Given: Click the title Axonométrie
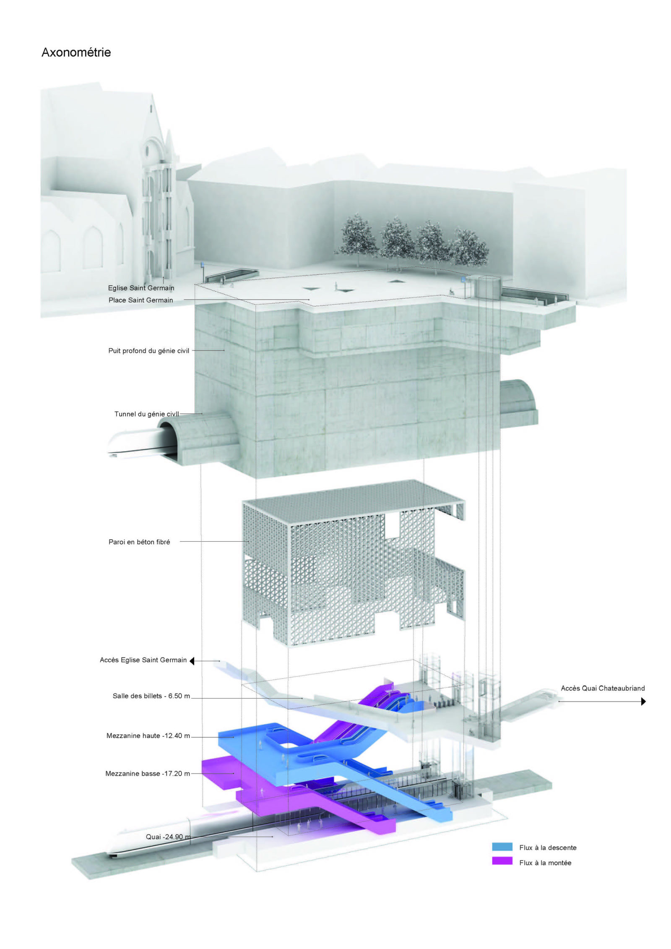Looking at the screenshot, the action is tap(76, 52).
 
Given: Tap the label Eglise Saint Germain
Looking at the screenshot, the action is tap(141, 288).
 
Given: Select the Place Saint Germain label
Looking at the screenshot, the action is tap(140, 300).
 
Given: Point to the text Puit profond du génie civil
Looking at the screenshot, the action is tap(149, 351).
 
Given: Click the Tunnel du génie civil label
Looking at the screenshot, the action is tap(147, 414).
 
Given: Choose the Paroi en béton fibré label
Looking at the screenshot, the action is tap(139, 542).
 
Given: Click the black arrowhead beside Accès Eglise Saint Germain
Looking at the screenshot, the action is tap(192, 661).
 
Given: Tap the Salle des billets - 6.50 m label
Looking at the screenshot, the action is tap(151, 696).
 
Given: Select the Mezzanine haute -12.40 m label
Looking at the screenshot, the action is tap(148, 736).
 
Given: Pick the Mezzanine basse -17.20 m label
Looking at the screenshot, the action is tap(148, 774).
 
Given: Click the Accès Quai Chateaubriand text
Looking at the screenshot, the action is tap(603, 688).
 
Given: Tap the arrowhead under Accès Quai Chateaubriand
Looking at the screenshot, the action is tap(643, 701).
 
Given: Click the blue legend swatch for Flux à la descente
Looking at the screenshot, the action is tap(502, 847).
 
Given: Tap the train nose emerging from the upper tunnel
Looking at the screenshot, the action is tap(134, 443).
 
